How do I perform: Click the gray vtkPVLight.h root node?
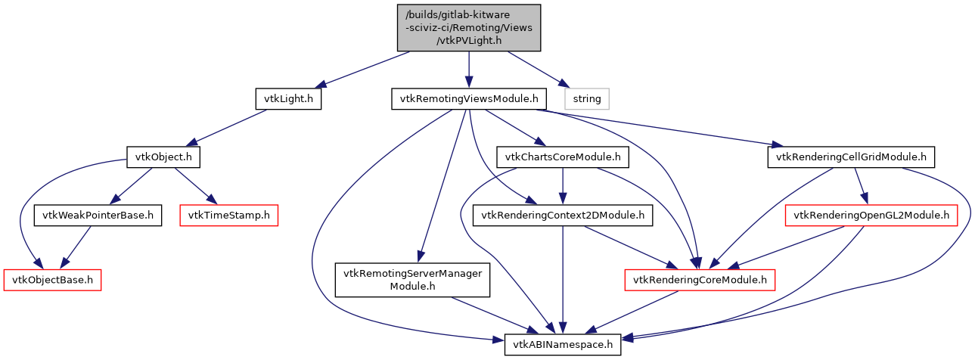469,28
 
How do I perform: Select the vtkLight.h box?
288,99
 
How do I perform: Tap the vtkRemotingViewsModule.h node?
469,99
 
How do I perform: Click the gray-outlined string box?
587,99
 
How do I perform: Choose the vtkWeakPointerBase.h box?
98,216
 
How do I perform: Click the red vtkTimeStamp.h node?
229,216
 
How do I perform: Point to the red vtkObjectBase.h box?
53,280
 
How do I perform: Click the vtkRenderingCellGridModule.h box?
852,157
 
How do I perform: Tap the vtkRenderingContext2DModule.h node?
563,216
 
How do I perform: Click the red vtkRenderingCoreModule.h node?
700,280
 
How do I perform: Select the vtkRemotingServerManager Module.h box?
413,280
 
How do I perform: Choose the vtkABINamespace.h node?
563,345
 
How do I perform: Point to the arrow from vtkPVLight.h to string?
534,70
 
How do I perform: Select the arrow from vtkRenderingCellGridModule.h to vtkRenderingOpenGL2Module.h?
861,186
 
